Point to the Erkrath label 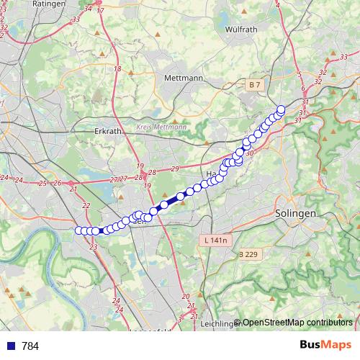pos(110,132)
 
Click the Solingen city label pos(296,214)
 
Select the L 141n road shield pos(215,240)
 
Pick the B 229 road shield pos(248,254)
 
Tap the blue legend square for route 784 pos(10,346)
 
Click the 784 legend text pos(30,346)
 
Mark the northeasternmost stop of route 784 pos(281,109)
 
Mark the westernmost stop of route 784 pos(78,230)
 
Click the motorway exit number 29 pos(175,168)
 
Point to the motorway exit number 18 pos(117,68)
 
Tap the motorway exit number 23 pos(94,247)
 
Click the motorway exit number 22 pos(86,206)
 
